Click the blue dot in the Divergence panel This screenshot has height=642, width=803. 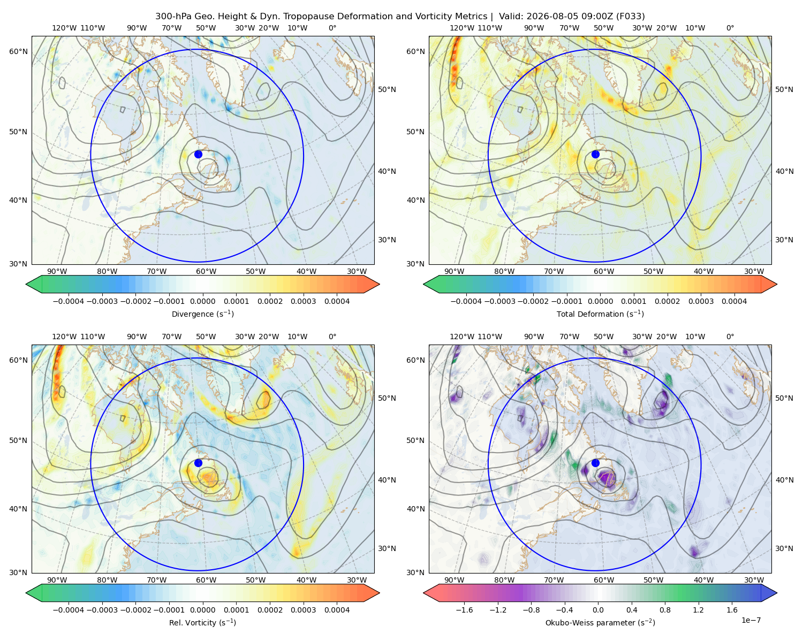coord(198,155)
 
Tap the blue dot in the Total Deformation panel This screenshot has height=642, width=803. coord(595,155)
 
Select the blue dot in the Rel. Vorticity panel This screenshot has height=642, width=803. coord(198,463)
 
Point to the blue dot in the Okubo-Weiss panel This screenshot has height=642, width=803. coord(595,463)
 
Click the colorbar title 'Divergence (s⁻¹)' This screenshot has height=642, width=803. coord(202,314)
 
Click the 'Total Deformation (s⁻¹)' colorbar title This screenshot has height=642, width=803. coord(600,314)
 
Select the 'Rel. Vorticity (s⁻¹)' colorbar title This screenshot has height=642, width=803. coord(202,622)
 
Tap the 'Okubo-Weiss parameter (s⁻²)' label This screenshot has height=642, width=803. coord(600,622)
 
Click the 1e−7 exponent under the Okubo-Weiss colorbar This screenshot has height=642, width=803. coord(751,620)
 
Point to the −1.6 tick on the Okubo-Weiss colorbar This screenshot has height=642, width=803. coord(464,610)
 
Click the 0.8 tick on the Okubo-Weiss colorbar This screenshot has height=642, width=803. coord(665,610)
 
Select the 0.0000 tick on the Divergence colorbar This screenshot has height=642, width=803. coord(202,301)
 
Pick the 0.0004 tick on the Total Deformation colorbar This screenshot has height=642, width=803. coord(734,301)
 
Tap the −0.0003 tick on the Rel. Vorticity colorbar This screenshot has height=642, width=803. coord(102,610)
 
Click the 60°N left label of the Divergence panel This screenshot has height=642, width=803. coord(18,51)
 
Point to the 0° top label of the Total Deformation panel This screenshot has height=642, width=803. coord(730,28)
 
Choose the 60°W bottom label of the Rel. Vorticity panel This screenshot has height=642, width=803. coord(206,580)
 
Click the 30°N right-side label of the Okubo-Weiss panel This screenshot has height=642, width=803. coord(784,548)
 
